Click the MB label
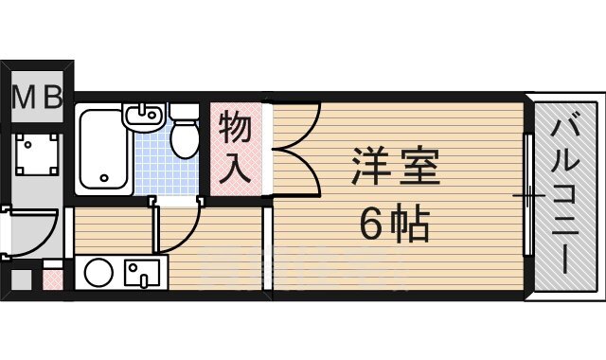pyautogui.click(x=38, y=97)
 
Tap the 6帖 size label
pyautogui.click(x=395, y=224)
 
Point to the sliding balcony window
pyautogui.click(x=527, y=195)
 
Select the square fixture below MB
pyautogui.click(x=35, y=151)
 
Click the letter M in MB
pyautogui.click(x=25, y=97)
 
